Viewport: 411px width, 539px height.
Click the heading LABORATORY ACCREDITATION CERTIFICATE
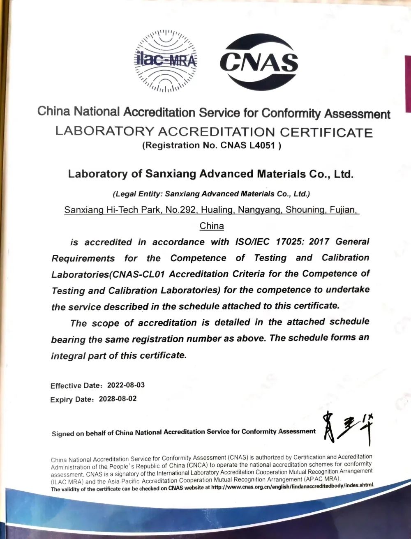click(214, 132)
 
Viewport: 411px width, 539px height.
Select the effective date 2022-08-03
click(126, 385)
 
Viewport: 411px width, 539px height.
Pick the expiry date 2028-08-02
click(118, 399)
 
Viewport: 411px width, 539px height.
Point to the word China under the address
click(212, 226)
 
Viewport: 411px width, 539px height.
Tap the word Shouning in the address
click(304, 210)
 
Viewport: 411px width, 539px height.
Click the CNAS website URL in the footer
click(292, 486)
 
